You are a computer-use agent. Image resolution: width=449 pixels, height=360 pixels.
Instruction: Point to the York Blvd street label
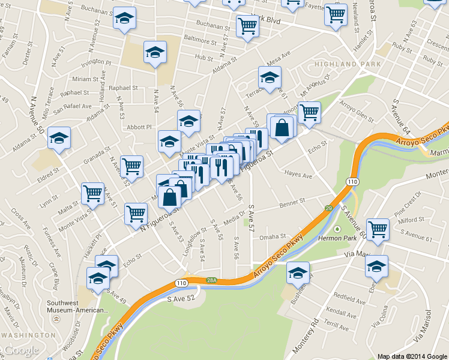click(267, 19)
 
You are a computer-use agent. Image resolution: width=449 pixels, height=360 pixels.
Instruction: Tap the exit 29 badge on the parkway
click(330, 208)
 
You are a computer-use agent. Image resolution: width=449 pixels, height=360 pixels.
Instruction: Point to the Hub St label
click(204, 58)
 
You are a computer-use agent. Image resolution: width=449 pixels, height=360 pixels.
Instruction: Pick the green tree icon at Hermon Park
click(337, 229)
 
